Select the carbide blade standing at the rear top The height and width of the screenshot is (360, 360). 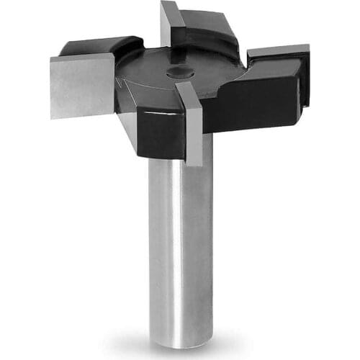click(170, 22)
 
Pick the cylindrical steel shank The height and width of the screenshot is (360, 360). click(179, 245)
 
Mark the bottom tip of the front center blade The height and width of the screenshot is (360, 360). click(193, 163)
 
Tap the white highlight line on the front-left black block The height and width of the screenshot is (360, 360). click(155, 112)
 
